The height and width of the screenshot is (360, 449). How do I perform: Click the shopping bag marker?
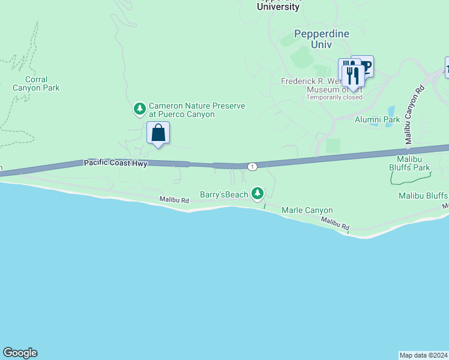158,133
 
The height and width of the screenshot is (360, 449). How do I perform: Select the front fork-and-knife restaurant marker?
353,76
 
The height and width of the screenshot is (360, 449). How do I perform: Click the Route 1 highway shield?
253,166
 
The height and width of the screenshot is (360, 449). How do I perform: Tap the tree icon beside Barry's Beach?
258,193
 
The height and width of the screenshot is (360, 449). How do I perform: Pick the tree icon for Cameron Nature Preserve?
140,109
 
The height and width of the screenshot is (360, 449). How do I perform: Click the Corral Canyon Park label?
37,83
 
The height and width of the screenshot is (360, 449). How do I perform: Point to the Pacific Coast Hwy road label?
115,163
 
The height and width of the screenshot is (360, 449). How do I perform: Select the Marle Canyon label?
307,211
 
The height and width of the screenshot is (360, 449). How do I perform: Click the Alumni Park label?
377,119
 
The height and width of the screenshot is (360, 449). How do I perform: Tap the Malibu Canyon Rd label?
414,114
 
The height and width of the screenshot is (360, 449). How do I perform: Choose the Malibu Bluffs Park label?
414,163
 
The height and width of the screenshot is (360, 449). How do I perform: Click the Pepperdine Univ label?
321,39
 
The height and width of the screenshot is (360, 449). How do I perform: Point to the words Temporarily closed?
334,97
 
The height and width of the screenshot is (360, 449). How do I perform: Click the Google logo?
20,353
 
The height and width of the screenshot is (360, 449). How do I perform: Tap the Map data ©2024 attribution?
424,355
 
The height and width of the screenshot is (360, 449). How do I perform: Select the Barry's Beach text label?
224,195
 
